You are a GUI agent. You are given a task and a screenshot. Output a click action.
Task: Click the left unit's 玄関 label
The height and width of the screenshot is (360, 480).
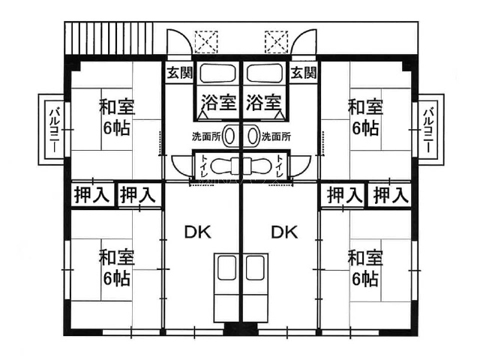[180, 73]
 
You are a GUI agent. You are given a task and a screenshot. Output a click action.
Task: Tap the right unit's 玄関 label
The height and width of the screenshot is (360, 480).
[303, 73]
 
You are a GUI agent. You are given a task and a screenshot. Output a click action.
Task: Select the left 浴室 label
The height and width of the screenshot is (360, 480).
[218, 102]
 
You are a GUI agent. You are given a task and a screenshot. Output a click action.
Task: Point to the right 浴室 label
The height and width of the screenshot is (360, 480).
[263, 102]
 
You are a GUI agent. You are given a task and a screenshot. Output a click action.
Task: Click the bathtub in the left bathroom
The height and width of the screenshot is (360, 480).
[217, 73]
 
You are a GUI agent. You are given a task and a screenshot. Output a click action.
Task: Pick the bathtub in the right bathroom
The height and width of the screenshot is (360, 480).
[265, 73]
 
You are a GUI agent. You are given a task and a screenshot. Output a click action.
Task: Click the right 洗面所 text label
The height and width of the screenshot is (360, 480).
[276, 136]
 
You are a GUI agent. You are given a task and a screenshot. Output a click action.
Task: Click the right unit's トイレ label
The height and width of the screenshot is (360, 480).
[279, 166]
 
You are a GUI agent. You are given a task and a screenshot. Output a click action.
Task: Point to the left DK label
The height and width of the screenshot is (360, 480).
[198, 232]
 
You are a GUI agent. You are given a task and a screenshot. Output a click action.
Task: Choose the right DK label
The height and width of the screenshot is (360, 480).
[284, 232]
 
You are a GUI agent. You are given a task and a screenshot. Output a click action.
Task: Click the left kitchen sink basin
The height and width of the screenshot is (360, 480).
[226, 268]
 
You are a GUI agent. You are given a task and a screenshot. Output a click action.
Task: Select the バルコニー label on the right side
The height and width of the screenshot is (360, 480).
[427, 130]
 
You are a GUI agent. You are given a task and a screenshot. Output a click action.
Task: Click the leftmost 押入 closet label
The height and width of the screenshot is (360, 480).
[91, 195]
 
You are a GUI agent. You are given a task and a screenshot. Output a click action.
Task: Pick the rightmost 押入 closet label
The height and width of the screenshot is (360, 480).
[391, 195]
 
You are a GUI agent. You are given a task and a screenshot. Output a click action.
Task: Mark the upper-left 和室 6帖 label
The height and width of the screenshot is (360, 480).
[117, 117]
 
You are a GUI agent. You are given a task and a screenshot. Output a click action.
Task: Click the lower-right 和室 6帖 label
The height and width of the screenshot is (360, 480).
[365, 268]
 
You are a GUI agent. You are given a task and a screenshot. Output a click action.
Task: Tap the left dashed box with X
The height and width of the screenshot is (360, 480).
[207, 42]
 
